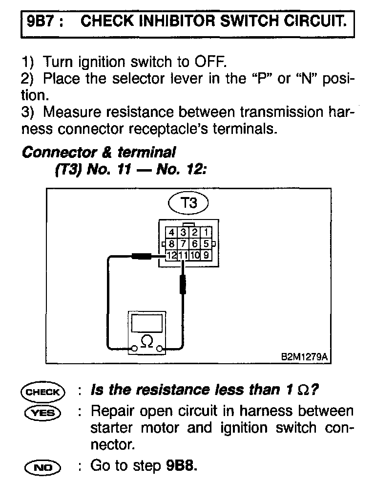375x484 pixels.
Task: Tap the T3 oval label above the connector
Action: (188, 202)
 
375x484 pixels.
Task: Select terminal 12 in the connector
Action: (171, 255)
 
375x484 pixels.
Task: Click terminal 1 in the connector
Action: (207, 232)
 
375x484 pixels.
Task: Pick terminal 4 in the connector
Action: (171, 232)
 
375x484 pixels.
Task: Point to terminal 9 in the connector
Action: (207, 255)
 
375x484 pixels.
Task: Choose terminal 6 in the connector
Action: (195, 243)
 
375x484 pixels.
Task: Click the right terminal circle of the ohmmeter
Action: (160, 349)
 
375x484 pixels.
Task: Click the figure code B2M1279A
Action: (303, 357)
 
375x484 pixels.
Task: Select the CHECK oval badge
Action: (42, 392)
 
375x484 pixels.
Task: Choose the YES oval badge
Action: (42, 412)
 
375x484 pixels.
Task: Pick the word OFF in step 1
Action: (210, 62)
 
